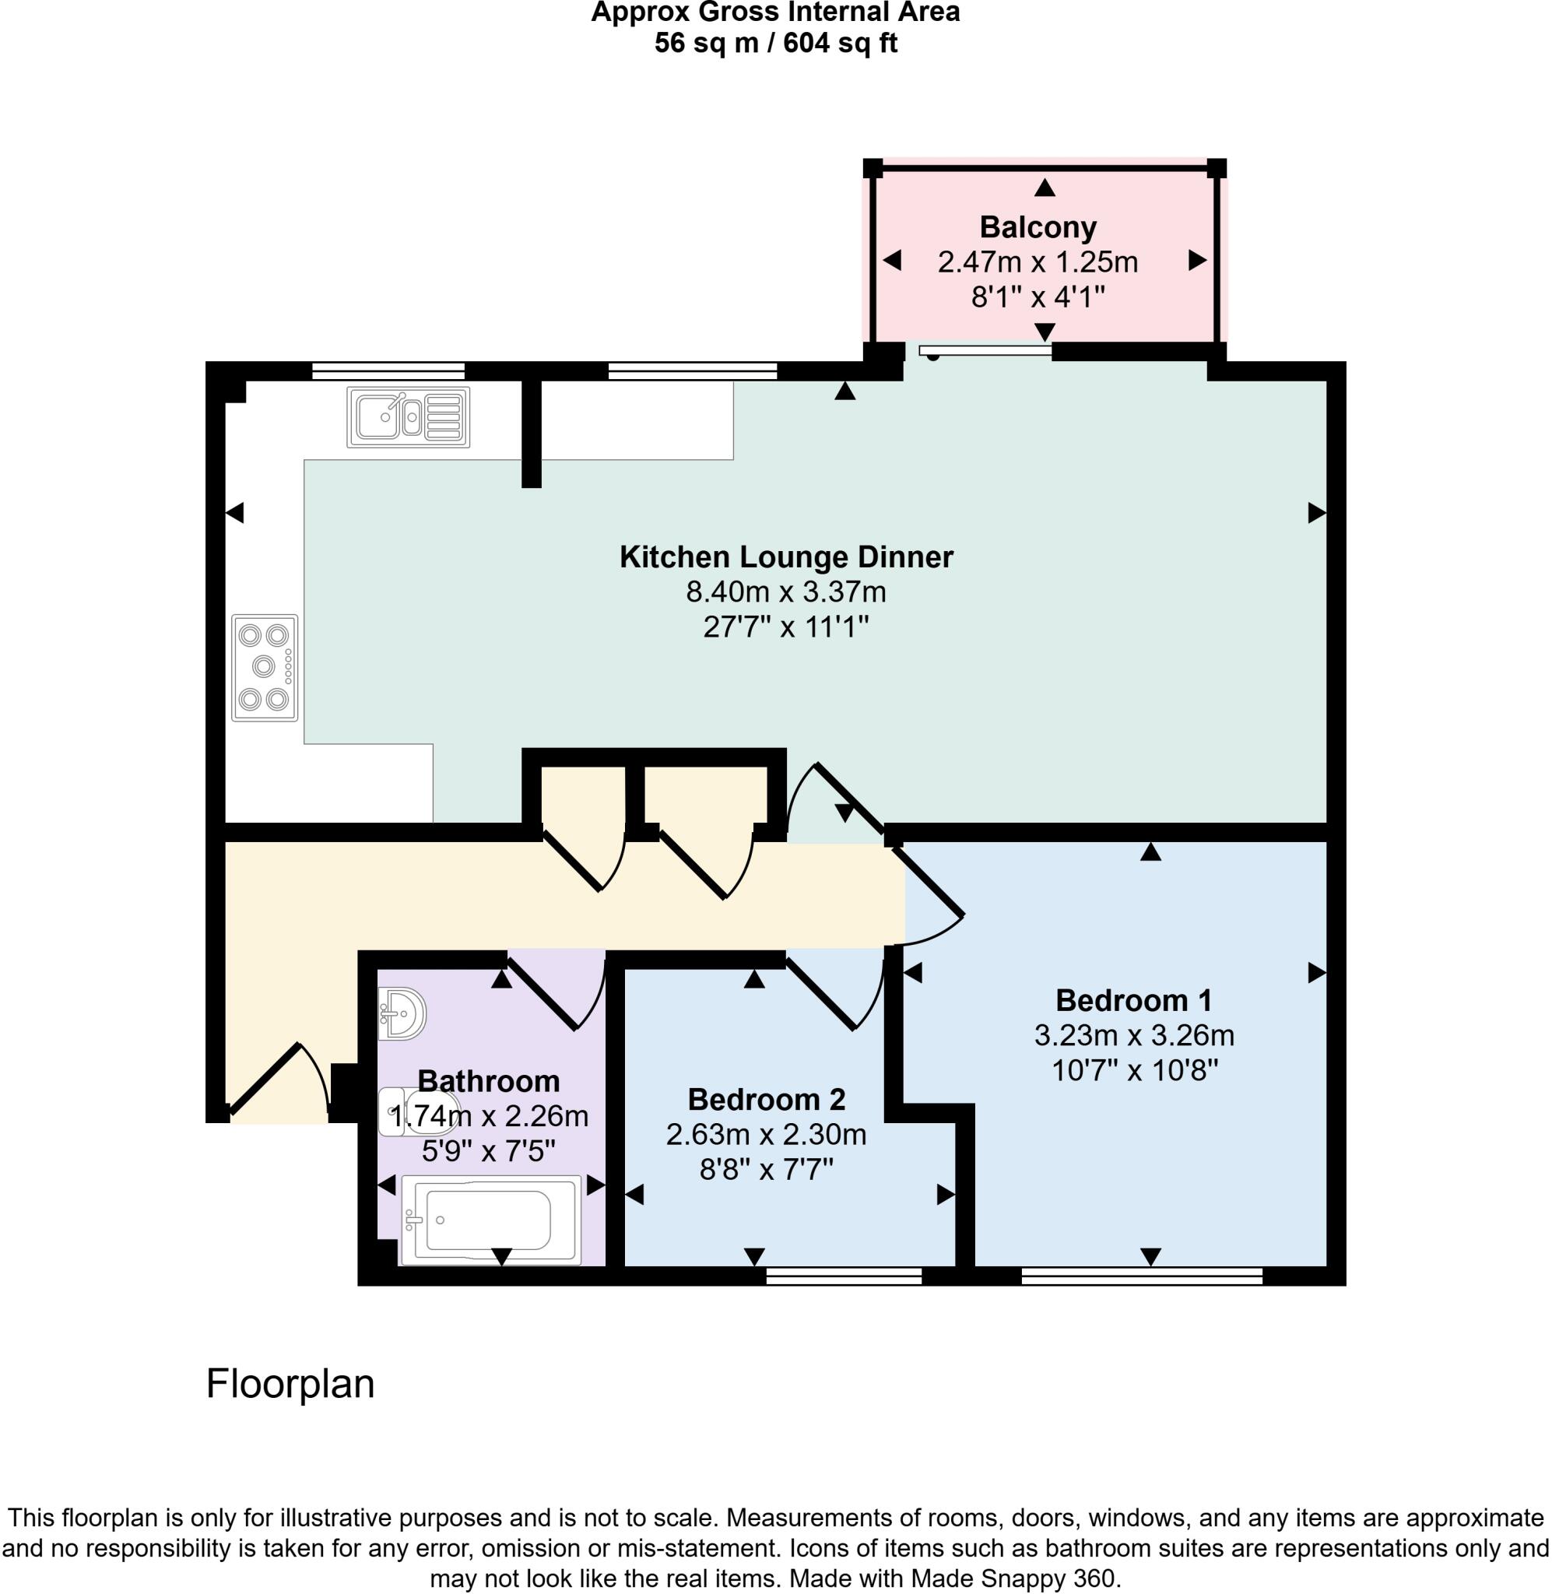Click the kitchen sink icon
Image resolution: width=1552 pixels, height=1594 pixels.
(409, 417)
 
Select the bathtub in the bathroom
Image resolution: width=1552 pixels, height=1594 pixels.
(490, 1219)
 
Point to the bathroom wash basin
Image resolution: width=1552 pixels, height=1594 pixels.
(402, 1014)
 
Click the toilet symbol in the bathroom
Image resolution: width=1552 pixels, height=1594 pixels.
(417, 1112)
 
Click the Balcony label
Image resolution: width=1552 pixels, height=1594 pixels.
(1038, 226)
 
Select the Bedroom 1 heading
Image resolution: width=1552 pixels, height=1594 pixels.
(1134, 1000)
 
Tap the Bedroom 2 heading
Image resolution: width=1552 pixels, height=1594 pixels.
(766, 1099)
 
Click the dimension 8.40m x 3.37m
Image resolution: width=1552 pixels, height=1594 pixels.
(786, 592)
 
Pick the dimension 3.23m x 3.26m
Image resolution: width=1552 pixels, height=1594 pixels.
(1134, 1036)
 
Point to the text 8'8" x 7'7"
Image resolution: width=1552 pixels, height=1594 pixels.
(766, 1171)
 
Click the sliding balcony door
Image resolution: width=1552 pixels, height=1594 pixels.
(985, 351)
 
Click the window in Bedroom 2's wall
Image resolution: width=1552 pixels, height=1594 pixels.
(844, 1276)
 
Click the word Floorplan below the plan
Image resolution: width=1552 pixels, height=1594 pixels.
(290, 1384)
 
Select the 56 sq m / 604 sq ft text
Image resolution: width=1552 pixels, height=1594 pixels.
(775, 42)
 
